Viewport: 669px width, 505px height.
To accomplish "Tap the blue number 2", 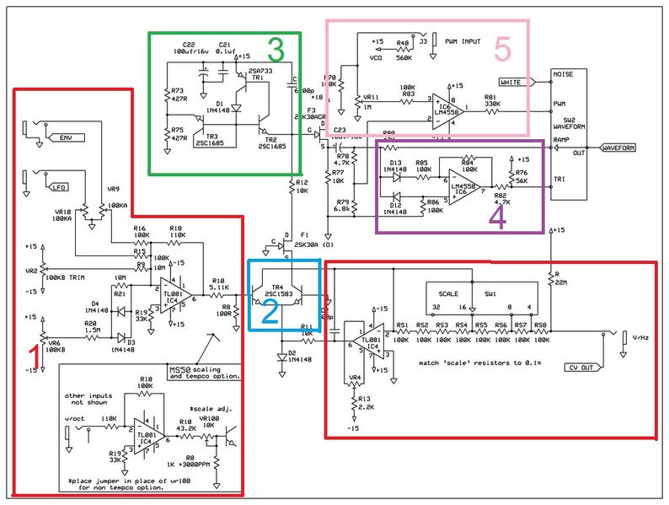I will [268, 314].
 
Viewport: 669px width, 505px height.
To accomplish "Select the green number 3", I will [275, 53].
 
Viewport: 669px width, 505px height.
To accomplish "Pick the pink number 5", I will [502, 51].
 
